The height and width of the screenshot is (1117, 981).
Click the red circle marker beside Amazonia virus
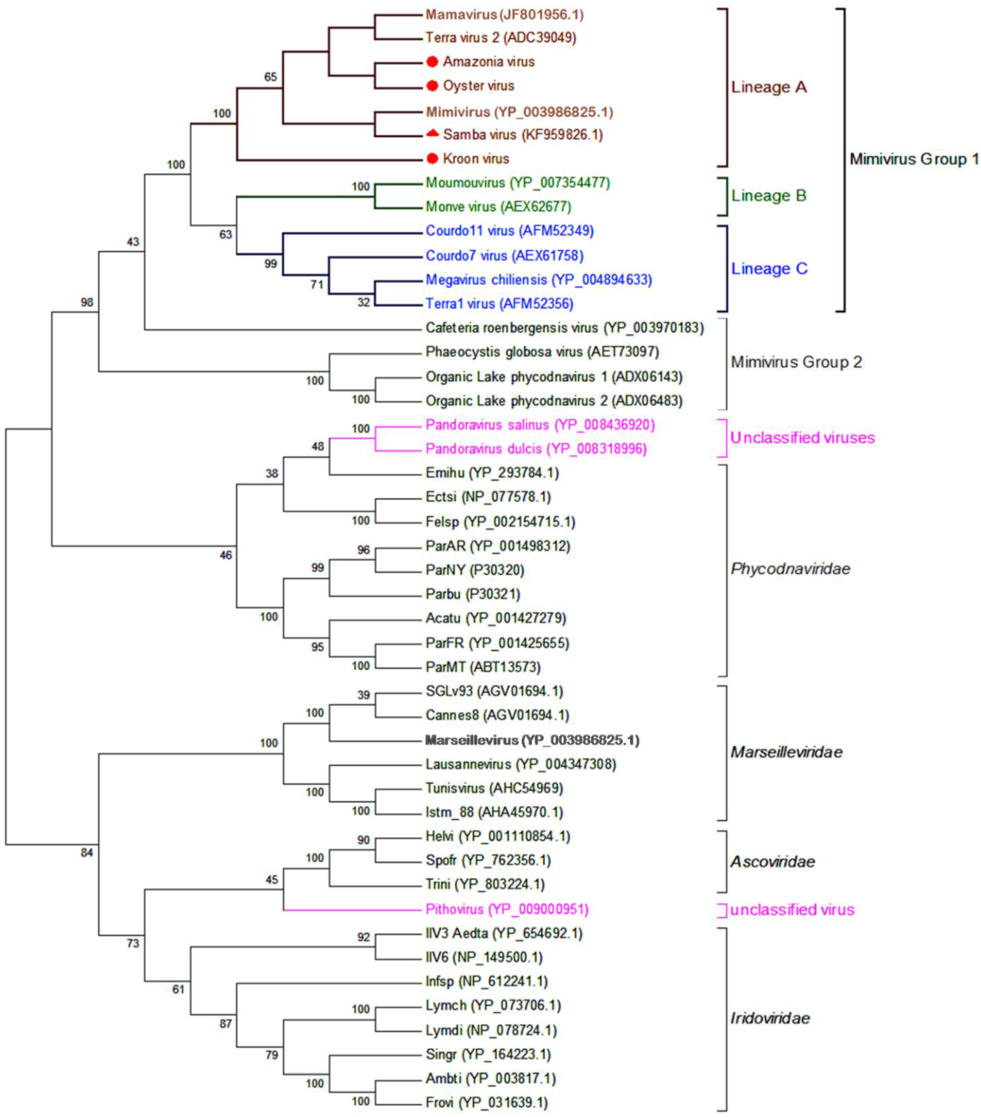click(x=432, y=62)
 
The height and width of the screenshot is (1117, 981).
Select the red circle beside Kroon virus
click(x=432, y=159)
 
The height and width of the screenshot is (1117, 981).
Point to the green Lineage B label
click(x=768, y=196)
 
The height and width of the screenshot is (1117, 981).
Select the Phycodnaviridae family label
click(x=790, y=569)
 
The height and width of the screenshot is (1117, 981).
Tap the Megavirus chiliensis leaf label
click(x=539, y=280)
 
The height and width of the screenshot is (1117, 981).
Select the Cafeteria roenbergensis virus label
click(x=564, y=328)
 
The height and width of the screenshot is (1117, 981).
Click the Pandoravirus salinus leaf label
click(x=540, y=425)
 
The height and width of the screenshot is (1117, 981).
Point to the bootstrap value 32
click(x=364, y=302)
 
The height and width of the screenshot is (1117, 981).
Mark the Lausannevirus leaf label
click(x=521, y=764)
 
